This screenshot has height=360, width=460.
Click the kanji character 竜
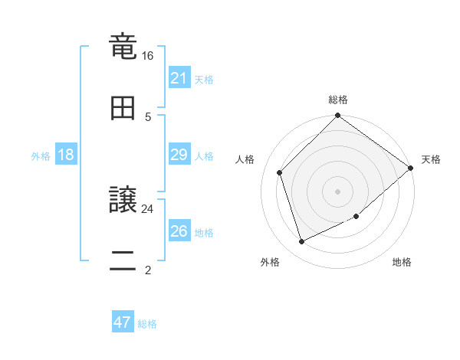tap(123, 47)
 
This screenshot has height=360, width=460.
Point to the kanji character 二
tap(123, 260)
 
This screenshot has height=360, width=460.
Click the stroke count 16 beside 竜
tap(148, 56)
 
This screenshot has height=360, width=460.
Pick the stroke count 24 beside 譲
tap(148, 208)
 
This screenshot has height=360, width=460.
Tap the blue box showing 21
tap(179, 78)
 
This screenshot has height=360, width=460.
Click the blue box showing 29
tap(179, 155)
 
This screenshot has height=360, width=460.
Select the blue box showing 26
tap(179, 231)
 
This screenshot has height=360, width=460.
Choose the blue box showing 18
tap(66, 155)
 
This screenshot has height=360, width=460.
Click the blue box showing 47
tap(123, 322)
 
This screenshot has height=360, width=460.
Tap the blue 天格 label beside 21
tap(204, 79)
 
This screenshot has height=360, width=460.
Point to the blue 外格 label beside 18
tap(41, 155)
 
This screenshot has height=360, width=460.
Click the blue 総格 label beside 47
tap(147, 324)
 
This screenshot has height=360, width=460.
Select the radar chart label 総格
tap(338, 100)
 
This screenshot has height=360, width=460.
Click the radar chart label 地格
tap(402, 263)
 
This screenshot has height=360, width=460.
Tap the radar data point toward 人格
tap(280, 172)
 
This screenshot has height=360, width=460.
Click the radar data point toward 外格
tap(302, 242)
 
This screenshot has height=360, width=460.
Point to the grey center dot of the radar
tap(338, 191)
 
